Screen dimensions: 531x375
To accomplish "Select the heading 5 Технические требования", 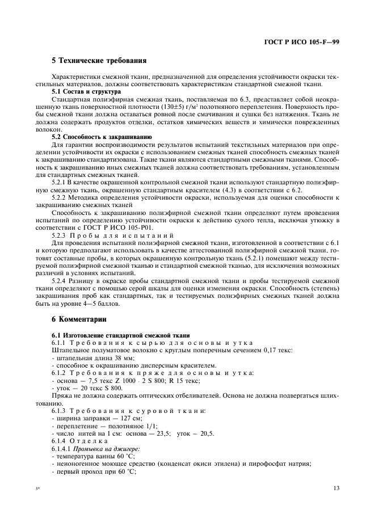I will (99, 60).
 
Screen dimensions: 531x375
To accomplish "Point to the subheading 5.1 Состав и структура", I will (86, 91).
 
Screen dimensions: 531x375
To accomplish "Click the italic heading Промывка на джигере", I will (107, 448).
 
